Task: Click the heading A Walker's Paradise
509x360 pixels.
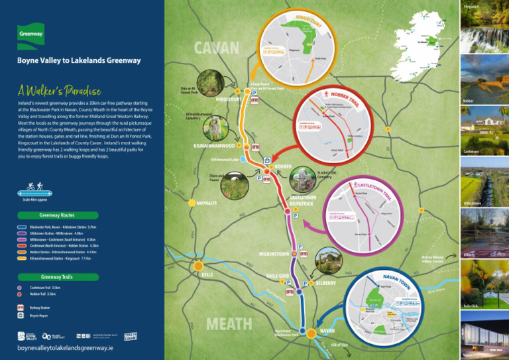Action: point(61,90)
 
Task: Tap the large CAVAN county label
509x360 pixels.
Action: point(216,48)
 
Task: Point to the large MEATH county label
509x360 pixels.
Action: point(229,324)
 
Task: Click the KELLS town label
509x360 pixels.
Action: point(208,274)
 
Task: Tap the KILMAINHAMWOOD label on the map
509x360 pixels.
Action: point(213,145)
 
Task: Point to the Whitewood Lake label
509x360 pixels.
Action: point(224,160)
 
